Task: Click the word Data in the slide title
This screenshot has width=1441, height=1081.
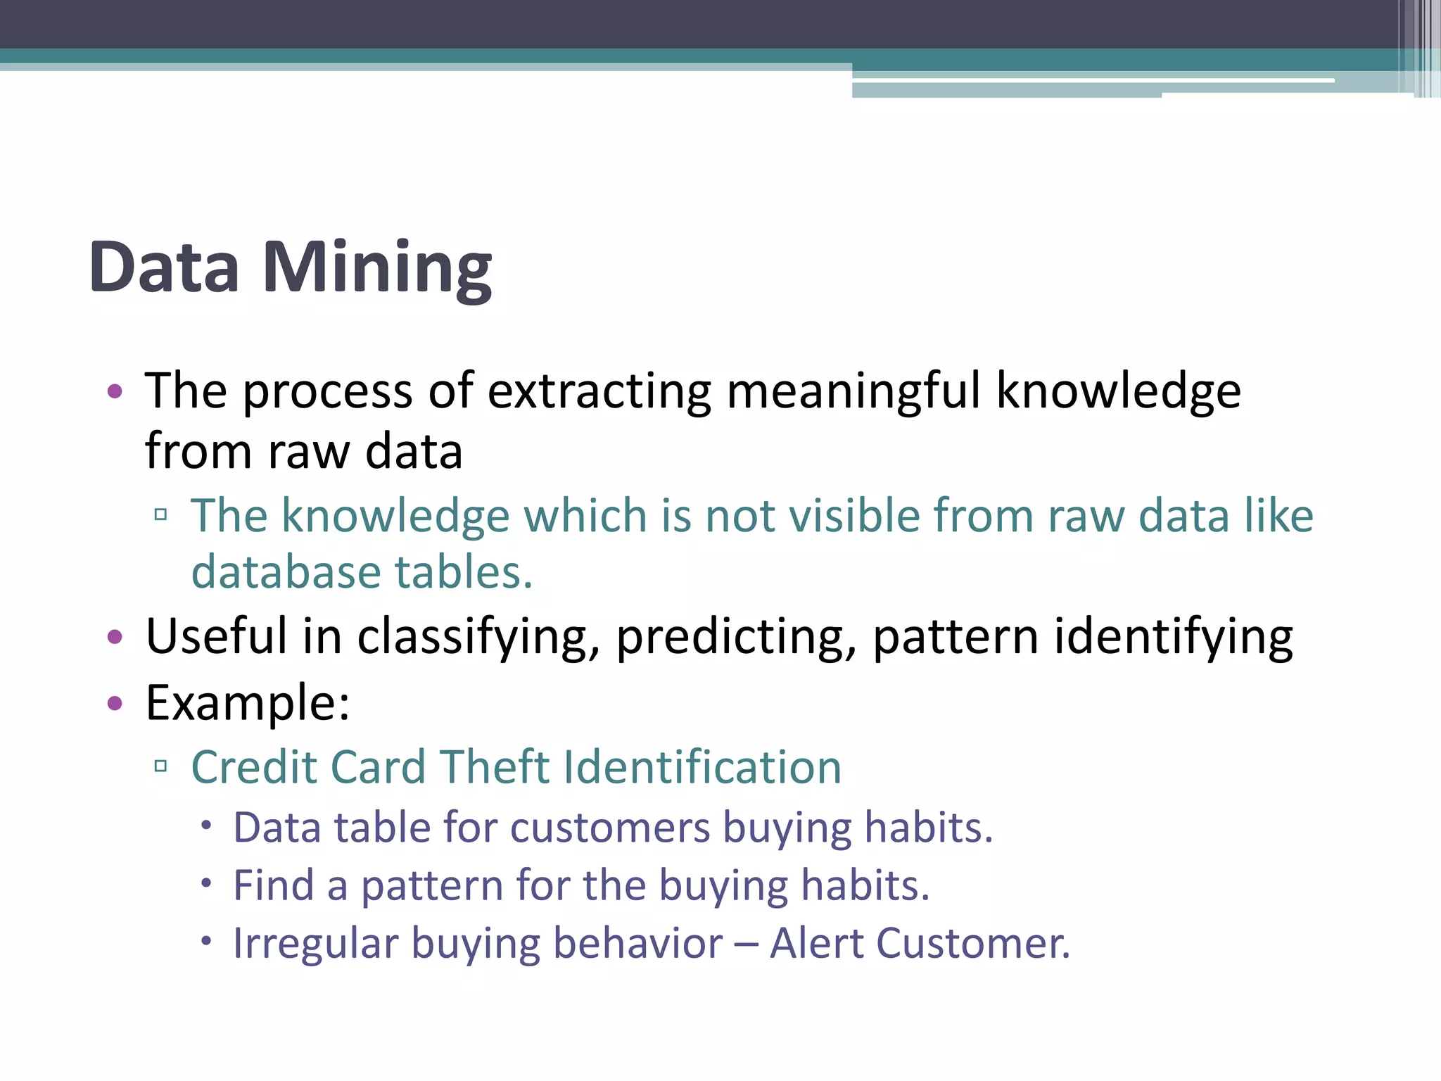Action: coord(164,269)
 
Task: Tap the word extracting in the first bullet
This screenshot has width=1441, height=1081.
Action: coord(599,391)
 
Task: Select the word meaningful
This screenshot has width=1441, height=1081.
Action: coord(853,391)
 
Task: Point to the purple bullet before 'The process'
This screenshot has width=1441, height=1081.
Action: coord(115,391)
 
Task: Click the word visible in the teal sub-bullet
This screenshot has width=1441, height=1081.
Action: coord(854,515)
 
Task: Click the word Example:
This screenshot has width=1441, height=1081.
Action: coord(248,702)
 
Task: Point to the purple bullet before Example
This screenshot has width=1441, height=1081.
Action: coord(115,702)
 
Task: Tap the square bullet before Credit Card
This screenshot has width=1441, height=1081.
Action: coord(160,766)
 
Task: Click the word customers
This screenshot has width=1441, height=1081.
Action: coord(610,828)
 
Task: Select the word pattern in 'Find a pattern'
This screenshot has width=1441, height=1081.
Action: coord(431,885)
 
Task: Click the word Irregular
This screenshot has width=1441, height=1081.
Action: coord(315,944)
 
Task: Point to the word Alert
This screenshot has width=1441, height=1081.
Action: coord(816,944)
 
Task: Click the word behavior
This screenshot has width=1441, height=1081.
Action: coord(637,944)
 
